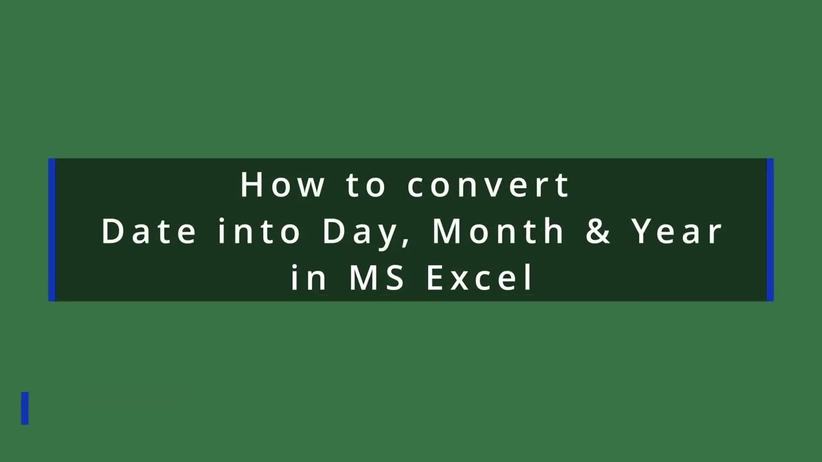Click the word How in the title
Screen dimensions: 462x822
tap(282, 185)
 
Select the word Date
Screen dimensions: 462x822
tap(148, 231)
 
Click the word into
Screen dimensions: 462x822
tap(259, 231)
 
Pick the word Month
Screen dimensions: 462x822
tap(498, 231)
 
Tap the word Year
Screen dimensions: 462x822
tap(677, 231)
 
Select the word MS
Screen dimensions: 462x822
tap(377, 278)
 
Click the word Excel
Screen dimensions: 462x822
tap(480, 278)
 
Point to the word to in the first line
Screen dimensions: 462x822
tap(366, 185)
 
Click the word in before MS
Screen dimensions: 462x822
tap(309, 278)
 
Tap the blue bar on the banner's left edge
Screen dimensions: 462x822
tap(52, 230)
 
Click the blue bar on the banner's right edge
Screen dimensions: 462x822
tap(770, 230)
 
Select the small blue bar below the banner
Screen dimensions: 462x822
tap(25, 408)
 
